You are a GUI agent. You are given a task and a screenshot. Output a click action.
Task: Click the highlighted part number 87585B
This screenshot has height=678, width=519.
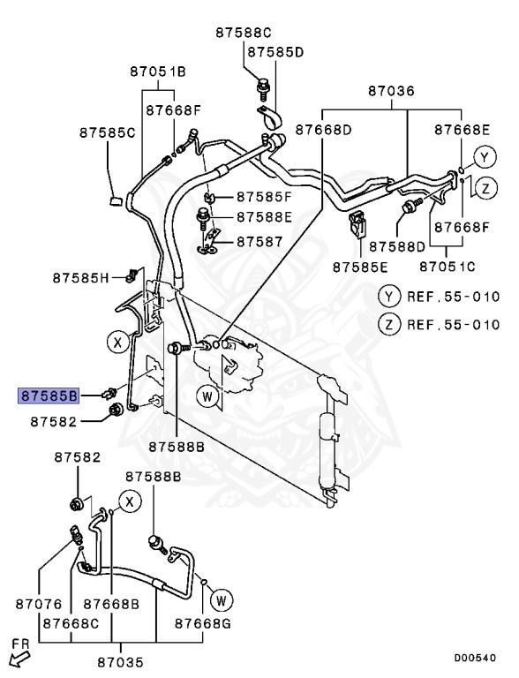click(x=49, y=395)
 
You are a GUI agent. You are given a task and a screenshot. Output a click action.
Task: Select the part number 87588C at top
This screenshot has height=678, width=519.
click(x=244, y=33)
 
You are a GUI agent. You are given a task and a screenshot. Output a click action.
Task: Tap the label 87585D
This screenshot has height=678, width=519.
click(x=275, y=52)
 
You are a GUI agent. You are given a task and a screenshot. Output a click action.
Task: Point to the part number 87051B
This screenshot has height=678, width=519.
click(x=158, y=72)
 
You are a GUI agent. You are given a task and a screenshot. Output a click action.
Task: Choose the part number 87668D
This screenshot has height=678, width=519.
click(x=323, y=130)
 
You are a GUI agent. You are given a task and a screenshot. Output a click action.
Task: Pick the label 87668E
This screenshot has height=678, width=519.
click(x=462, y=130)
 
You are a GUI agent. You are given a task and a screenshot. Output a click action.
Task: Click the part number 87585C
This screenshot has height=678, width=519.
click(x=107, y=132)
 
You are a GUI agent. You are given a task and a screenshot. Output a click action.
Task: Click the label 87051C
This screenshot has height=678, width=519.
click(x=447, y=265)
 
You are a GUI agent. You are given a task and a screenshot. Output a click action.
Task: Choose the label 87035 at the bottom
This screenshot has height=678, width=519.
click(x=120, y=661)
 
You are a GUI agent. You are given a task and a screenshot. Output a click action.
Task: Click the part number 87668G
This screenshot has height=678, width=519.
click(x=202, y=623)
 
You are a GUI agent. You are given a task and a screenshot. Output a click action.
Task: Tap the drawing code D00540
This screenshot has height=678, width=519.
click(x=475, y=658)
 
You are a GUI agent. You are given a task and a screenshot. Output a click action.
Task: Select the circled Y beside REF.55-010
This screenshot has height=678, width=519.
click(x=389, y=296)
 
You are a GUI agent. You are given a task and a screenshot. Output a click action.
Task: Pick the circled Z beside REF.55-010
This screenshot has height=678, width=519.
click(x=389, y=323)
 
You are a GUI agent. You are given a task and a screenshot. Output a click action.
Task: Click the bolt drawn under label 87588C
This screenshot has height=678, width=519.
click(x=261, y=86)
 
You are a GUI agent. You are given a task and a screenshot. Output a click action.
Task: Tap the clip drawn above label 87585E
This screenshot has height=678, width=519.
click(x=357, y=224)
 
